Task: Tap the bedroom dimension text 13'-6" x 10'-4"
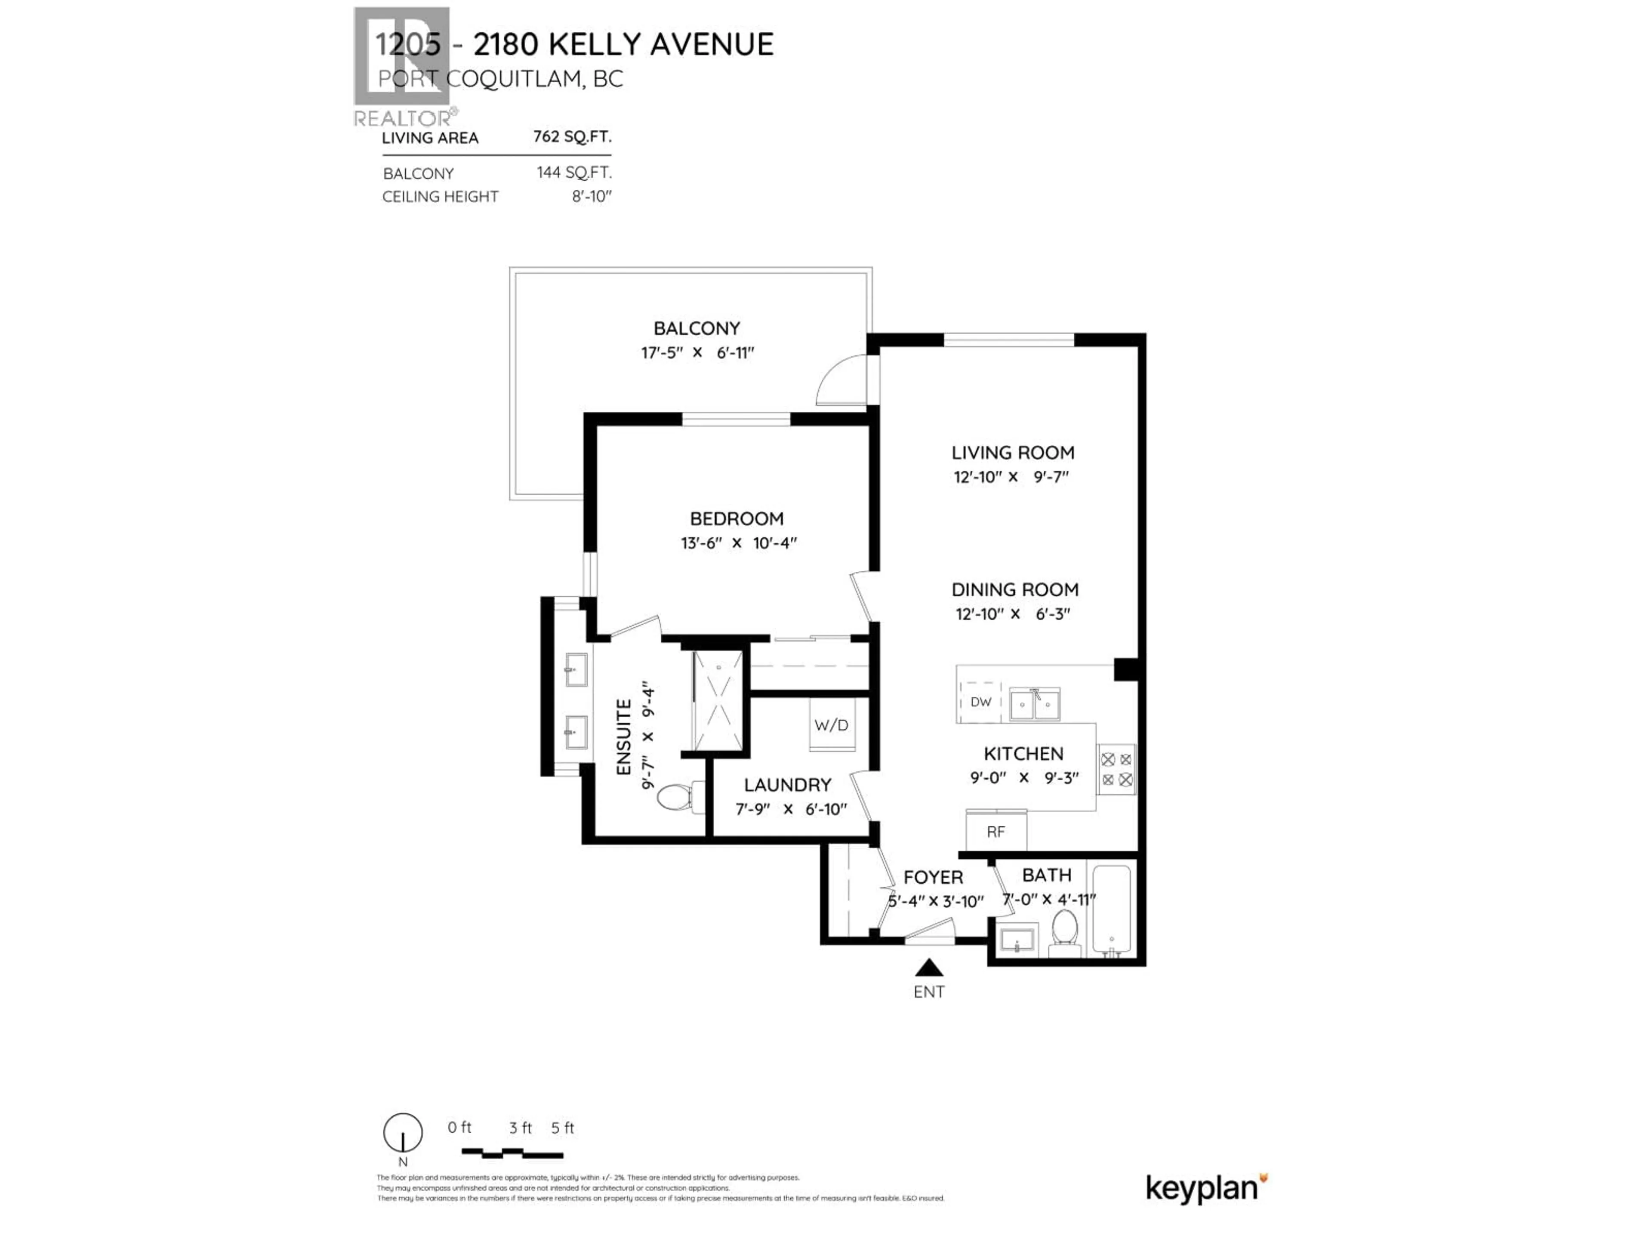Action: pos(738,543)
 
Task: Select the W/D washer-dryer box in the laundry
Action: pos(830,724)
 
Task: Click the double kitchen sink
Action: pos(1034,703)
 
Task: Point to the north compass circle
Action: pos(403,1132)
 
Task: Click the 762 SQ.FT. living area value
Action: pos(572,137)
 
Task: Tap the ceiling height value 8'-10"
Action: pos(592,197)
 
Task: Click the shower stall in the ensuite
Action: pos(718,700)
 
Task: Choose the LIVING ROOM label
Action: pos(1013,453)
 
